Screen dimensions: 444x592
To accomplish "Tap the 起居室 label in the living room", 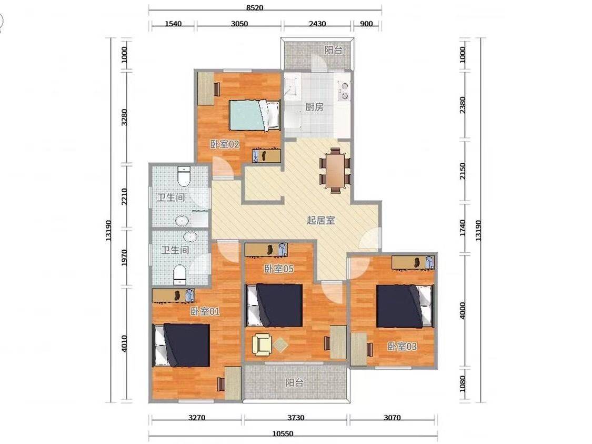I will (321, 221).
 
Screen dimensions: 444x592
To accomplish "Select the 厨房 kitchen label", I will (314, 107).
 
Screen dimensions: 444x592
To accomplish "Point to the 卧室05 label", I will (279, 269).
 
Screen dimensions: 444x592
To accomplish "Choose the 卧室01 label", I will (205, 311).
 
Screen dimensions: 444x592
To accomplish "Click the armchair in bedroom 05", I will (262, 344).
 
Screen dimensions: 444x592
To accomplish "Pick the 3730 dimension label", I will (296, 418).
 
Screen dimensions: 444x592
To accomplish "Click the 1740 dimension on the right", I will (463, 228).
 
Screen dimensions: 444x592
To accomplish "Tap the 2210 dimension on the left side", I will (124, 198).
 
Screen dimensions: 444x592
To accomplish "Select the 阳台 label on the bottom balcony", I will (295, 383).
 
